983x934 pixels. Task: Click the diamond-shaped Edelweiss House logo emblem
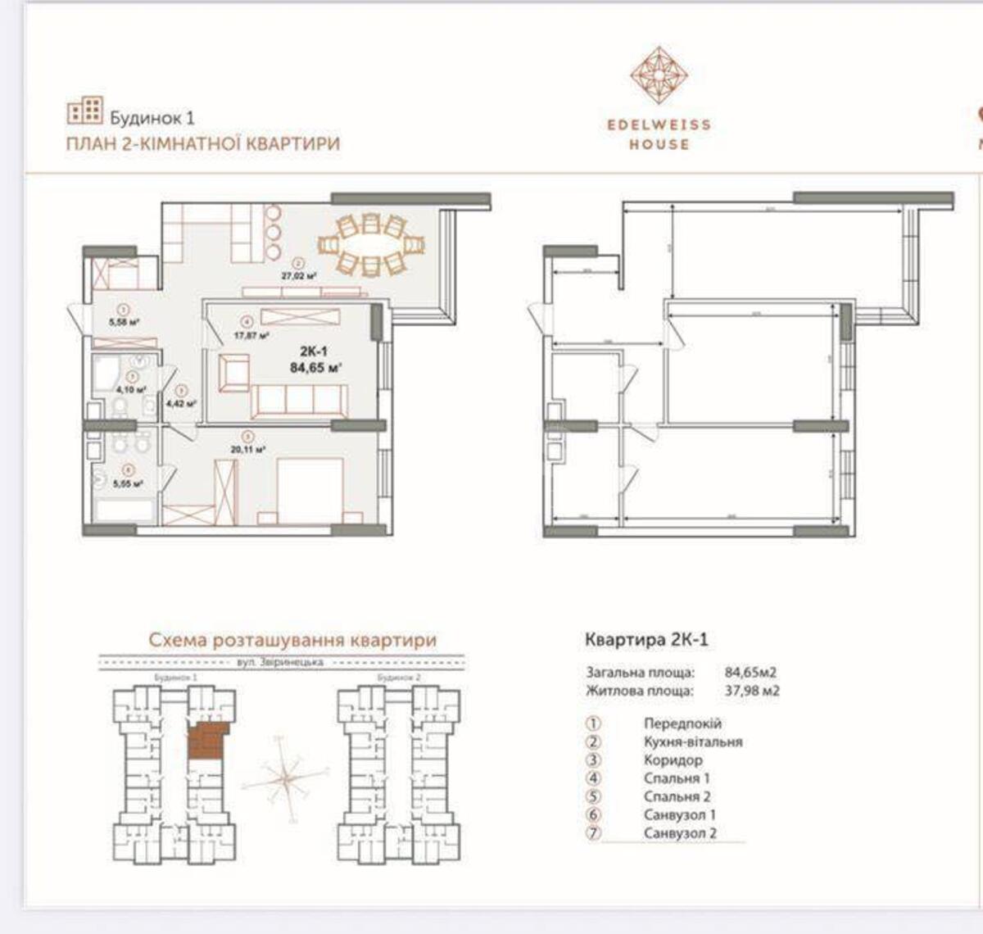[x=659, y=75]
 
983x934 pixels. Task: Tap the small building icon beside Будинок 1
[x=84, y=111]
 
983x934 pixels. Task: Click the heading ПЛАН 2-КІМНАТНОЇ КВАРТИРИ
[x=202, y=144]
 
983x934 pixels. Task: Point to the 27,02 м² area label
[x=299, y=276]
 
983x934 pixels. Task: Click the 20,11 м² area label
[x=250, y=449]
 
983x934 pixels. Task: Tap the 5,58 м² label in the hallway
[x=123, y=322]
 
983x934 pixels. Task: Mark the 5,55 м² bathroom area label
[x=127, y=483]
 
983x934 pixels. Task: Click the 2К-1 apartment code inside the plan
[x=313, y=351]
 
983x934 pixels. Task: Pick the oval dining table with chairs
[x=372, y=243]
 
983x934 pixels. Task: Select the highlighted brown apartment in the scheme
[x=206, y=741]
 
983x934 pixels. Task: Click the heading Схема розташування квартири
[x=292, y=640]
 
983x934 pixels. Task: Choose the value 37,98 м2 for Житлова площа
[x=752, y=691]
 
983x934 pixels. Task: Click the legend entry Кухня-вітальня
[x=692, y=742]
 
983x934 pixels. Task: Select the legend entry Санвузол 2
[x=680, y=833]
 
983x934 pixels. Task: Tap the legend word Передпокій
[x=682, y=724]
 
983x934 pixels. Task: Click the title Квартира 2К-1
[x=646, y=639]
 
